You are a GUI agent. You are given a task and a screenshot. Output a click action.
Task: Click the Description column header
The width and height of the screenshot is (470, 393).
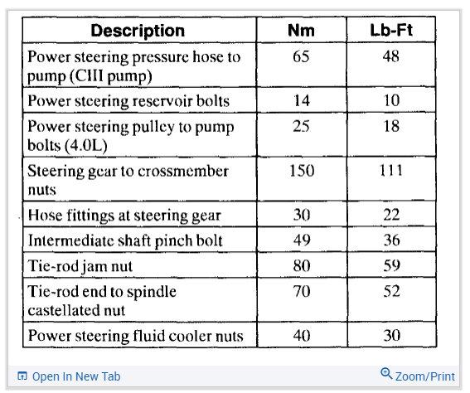pyautogui.click(x=138, y=31)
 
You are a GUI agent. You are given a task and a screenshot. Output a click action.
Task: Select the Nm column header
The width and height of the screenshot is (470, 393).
pyautogui.click(x=301, y=31)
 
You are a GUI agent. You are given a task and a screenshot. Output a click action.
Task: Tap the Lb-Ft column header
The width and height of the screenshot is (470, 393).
pyautogui.click(x=391, y=30)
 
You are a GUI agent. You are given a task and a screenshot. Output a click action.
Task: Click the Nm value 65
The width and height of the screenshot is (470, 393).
pyautogui.click(x=301, y=56)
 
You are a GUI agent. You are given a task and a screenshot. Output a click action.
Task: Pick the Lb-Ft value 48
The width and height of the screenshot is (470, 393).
pyautogui.click(x=391, y=56)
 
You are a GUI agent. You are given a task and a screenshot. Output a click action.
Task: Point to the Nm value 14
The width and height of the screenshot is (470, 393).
pyautogui.click(x=302, y=100)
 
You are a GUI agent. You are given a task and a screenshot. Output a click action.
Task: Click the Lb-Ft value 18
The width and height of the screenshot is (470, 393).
pyautogui.click(x=391, y=126)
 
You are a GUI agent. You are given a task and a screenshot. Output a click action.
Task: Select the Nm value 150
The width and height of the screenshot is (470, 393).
pyautogui.click(x=302, y=171)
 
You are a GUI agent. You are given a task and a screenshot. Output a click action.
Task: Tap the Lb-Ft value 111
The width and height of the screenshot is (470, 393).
pyautogui.click(x=391, y=170)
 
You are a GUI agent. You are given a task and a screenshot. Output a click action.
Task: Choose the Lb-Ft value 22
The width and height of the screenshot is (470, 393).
pyautogui.click(x=391, y=215)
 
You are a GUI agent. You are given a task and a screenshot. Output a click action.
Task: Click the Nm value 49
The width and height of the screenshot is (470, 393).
pyautogui.click(x=302, y=240)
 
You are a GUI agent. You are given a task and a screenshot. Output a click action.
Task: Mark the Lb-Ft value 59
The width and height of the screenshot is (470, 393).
pyautogui.click(x=392, y=265)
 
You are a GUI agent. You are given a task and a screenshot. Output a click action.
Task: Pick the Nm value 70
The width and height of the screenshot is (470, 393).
pyautogui.click(x=302, y=291)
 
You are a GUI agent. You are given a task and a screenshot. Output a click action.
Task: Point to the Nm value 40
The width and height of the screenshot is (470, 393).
pyautogui.click(x=302, y=336)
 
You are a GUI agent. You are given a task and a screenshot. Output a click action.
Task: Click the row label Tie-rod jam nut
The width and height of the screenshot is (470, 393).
pyautogui.click(x=80, y=266)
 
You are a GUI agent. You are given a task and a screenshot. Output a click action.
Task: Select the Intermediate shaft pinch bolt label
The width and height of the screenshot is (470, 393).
pyautogui.click(x=125, y=240)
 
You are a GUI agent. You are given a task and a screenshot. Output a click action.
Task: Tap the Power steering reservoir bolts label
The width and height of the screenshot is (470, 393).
pyautogui.click(x=128, y=100)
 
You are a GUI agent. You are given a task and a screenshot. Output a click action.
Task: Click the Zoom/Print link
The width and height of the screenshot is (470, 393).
pyautogui.click(x=425, y=376)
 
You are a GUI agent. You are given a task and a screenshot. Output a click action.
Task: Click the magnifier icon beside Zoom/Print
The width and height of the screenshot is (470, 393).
pyautogui.click(x=386, y=374)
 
